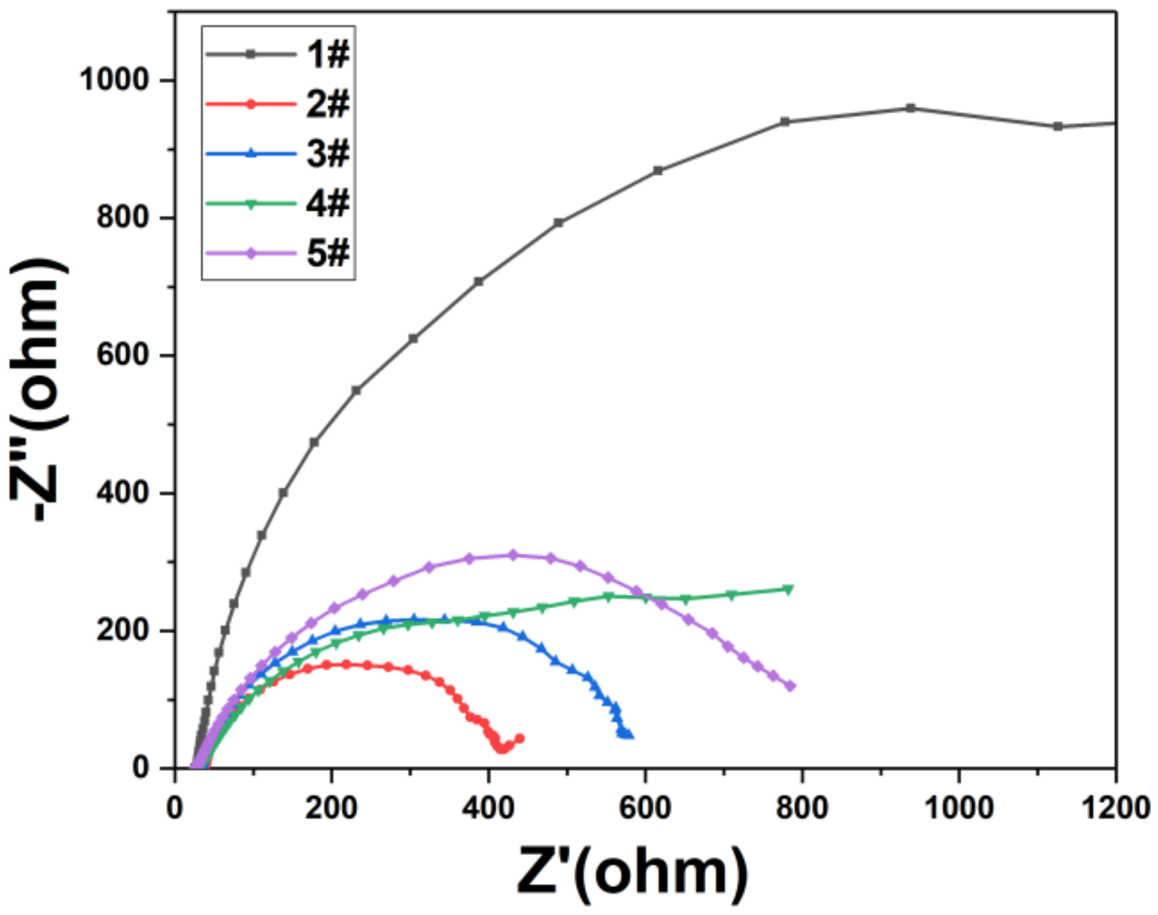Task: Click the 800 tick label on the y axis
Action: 123,217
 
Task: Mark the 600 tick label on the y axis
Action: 123,355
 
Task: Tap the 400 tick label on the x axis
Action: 488,808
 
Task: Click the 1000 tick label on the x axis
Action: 959,808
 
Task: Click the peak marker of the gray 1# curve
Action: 910,108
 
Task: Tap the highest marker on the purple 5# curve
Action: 513,555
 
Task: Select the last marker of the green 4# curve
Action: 789,590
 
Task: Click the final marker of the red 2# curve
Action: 519,739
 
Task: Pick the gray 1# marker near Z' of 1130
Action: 1058,126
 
